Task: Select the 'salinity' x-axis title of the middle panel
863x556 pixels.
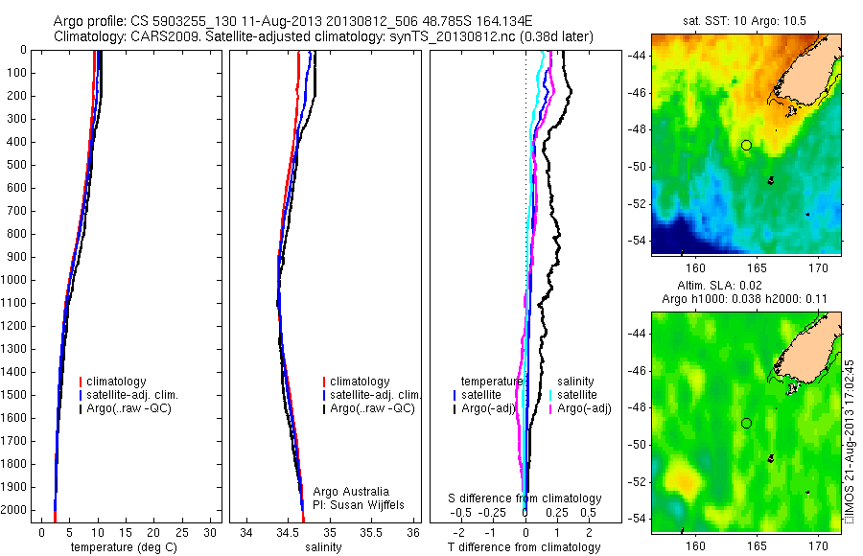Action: [x=322, y=547]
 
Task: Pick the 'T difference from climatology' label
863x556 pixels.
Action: [x=525, y=547]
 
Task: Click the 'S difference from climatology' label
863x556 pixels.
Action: [x=525, y=498]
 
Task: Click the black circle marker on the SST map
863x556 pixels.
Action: [x=746, y=145]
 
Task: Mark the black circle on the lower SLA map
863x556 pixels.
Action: [x=746, y=423]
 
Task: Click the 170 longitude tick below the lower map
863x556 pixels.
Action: [x=819, y=542]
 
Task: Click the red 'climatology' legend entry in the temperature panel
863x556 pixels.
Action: [x=120, y=382]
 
